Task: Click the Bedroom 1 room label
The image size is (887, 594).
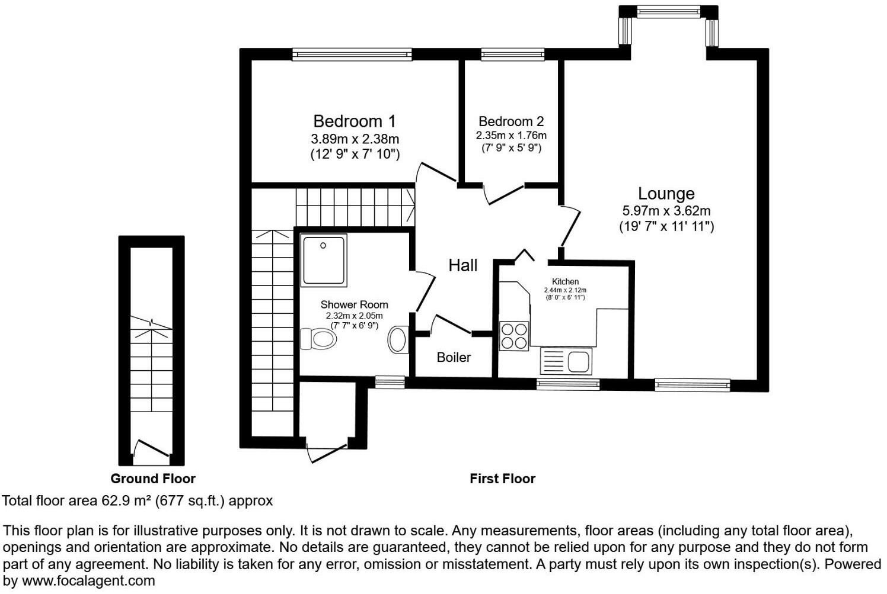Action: [x=354, y=121]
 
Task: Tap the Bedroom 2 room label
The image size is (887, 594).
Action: [x=511, y=121]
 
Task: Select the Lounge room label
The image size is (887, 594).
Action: [x=666, y=194]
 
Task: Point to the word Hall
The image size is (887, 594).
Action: [x=462, y=265]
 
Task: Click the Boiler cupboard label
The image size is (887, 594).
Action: [x=454, y=357]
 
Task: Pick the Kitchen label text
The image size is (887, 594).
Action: [x=565, y=281]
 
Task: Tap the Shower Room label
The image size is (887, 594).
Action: [x=354, y=304]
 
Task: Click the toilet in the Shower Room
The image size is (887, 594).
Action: [x=318, y=339]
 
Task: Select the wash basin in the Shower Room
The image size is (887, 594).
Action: [x=398, y=340]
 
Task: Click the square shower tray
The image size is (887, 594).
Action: [x=323, y=261]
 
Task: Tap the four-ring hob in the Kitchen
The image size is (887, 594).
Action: [x=513, y=336]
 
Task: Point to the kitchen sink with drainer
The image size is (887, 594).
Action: [x=566, y=361]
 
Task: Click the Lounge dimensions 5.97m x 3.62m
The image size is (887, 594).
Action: [x=666, y=210]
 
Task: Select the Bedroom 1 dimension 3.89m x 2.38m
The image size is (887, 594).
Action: [x=355, y=139]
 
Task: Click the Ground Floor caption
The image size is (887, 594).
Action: [x=152, y=479]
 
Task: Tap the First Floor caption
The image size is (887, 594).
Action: [x=502, y=479]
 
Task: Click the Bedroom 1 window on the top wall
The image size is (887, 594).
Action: [x=352, y=54]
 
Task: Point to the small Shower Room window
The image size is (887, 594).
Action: [x=390, y=383]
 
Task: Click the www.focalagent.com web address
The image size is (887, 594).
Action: [x=88, y=581]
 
